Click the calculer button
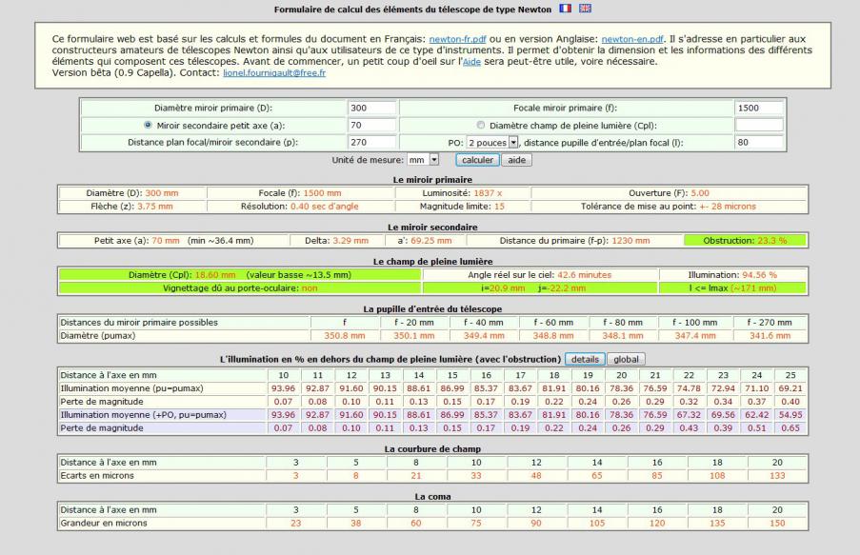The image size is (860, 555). (476, 160)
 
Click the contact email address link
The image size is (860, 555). (274, 72)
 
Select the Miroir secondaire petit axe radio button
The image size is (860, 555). (148, 125)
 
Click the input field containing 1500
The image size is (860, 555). (759, 108)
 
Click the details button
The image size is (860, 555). (585, 359)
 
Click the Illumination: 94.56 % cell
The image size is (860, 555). (732, 274)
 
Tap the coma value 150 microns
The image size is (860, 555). (776, 522)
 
